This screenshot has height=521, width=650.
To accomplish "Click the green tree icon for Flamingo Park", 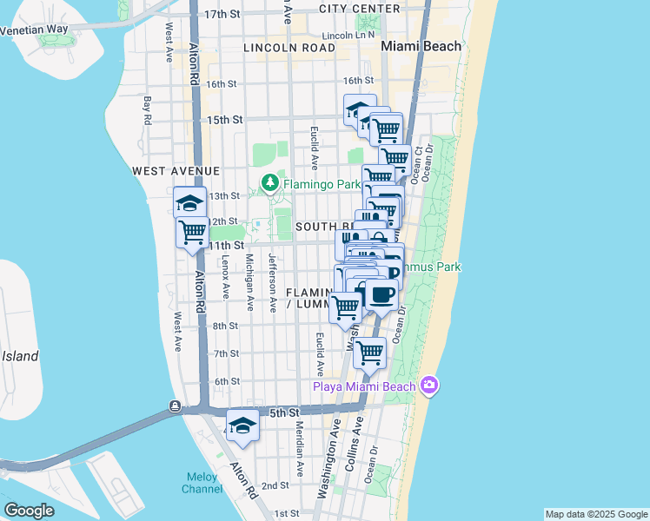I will pos(270,183).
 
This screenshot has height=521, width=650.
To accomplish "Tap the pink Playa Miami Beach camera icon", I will pos(428,385).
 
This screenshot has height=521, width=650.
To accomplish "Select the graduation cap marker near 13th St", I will pos(190,203).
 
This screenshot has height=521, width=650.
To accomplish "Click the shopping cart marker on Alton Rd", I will pos(192,233).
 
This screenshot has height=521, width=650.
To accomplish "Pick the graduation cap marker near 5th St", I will pos(242,425).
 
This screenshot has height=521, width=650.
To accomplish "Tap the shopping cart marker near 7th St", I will pos(370,353).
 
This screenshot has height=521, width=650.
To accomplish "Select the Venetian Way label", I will pos(34,29).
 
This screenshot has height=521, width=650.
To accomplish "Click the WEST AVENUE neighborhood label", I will pos(176,172).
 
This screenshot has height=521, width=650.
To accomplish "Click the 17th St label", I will pos(221,15).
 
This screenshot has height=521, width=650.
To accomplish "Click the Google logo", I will pos(29,511).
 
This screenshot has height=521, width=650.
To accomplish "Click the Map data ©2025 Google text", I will pos(595,514).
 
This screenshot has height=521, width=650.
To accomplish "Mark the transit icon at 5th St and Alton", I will pos(176,406).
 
